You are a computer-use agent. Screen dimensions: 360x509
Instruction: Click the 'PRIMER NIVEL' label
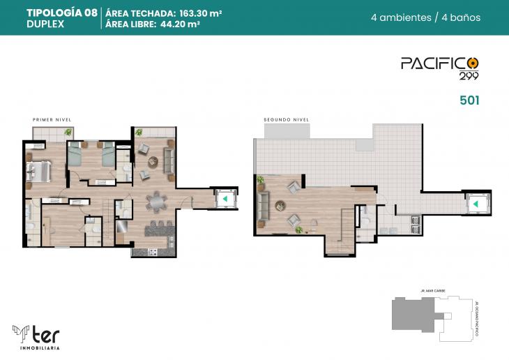pyautogui.click(x=52, y=120)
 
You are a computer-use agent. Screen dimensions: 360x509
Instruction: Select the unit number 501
pyautogui.click(x=469, y=100)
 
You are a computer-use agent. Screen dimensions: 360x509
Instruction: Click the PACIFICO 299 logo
pyautogui.click(x=440, y=67)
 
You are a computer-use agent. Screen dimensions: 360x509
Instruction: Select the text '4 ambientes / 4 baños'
pyautogui.click(x=436, y=17)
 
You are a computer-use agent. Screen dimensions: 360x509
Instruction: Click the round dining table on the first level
pyautogui.click(x=156, y=202)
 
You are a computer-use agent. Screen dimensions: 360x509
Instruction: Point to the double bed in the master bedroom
pyautogui.click(x=38, y=170)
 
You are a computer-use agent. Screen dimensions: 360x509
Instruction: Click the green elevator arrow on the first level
pyautogui.click(x=225, y=199)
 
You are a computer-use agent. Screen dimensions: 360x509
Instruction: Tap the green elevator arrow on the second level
pyautogui.click(x=476, y=204)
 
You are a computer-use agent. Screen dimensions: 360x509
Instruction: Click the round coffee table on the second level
pyautogui.click(x=280, y=205)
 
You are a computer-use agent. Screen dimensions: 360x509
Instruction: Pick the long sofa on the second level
pyautogui.click(x=264, y=205)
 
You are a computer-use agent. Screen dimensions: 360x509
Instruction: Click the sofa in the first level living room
pyautogui.click(x=169, y=157)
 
